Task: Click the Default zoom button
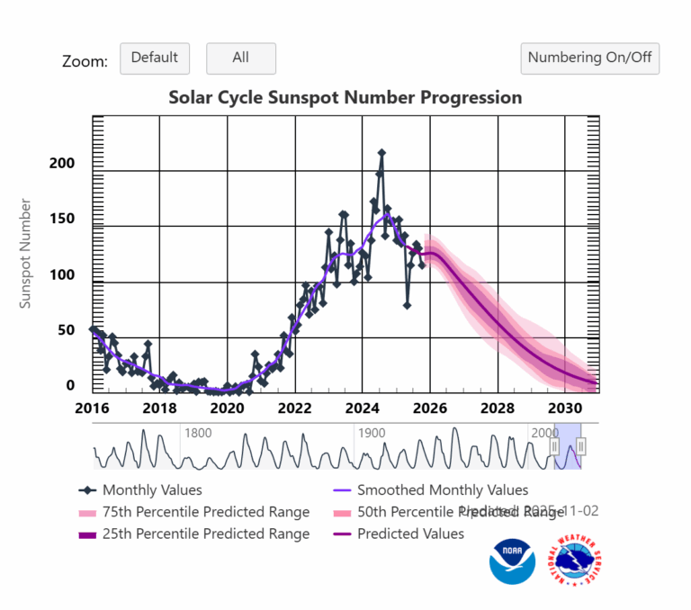click(155, 58)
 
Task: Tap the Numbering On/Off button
click(590, 58)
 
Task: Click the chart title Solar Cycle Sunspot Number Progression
click(345, 97)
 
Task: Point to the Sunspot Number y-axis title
click(26, 255)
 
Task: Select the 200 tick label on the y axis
click(62, 164)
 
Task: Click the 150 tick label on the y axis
click(62, 220)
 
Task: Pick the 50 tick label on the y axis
click(66, 330)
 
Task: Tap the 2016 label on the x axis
click(93, 408)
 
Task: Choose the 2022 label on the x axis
click(294, 408)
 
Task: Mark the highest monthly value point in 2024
click(381, 154)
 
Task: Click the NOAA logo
click(512, 562)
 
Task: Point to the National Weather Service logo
click(577, 562)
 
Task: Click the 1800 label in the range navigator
click(198, 433)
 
